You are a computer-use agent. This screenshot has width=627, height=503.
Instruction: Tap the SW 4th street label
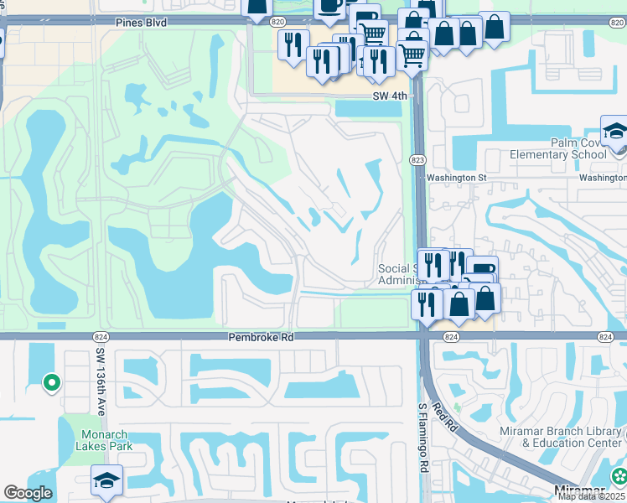coord(390,96)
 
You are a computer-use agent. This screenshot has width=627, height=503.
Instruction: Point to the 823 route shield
coord(417,159)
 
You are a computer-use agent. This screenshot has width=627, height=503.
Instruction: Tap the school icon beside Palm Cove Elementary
coord(614,132)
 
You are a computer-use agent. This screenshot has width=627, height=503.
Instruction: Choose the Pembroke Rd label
coord(262,337)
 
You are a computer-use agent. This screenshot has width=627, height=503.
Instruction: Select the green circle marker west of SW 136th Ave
coord(51,384)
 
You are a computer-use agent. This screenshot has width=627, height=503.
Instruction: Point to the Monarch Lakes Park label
coord(106,440)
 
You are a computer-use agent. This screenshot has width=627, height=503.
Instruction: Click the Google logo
coord(28,493)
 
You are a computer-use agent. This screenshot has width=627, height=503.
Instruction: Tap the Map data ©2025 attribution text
coord(592,496)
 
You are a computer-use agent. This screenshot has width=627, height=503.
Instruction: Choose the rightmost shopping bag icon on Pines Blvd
coord(495,27)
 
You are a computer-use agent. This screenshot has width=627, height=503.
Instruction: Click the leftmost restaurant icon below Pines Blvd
coord(292,44)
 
